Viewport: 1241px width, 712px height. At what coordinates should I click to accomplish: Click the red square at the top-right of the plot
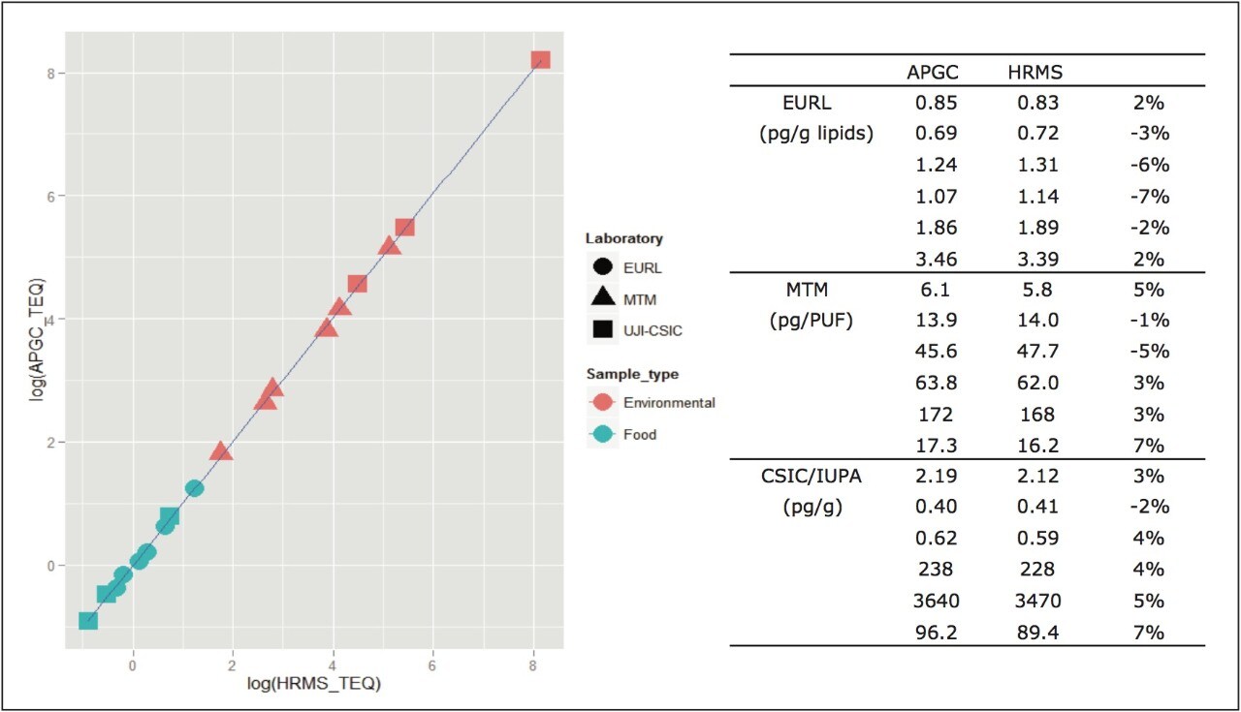coord(540,60)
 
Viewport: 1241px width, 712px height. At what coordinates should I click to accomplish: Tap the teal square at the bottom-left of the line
coord(88,620)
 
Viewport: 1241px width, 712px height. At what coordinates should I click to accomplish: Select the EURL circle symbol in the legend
coord(602,267)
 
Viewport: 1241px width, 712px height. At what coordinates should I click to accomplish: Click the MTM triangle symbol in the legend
coord(602,298)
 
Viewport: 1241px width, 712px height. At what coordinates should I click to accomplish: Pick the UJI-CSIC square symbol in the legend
coord(602,330)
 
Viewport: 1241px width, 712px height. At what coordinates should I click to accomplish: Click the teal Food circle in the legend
coord(602,434)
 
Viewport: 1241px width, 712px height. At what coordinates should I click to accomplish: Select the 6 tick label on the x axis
coord(432,666)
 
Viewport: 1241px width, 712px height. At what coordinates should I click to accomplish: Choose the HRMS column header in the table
coord(1035,72)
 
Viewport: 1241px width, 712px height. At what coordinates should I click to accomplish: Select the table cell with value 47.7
coord(1035,351)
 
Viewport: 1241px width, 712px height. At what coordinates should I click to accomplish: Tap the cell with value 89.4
coord(1035,633)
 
